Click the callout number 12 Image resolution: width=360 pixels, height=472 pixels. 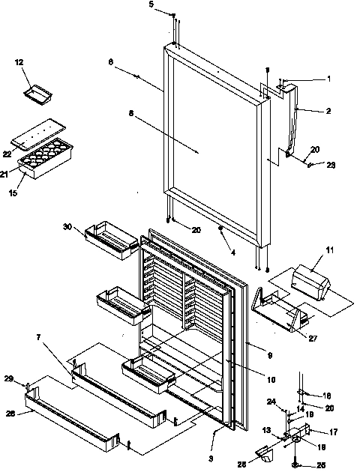[18, 62]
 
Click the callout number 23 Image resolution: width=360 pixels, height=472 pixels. [331, 165]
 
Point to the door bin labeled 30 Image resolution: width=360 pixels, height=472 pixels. [111, 239]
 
